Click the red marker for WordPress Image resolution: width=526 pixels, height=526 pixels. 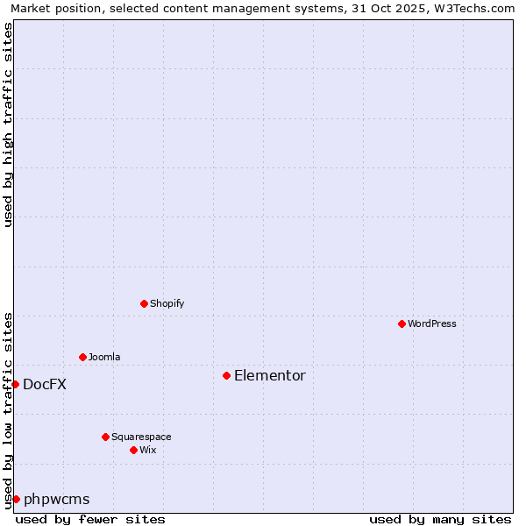(x=402, y=323)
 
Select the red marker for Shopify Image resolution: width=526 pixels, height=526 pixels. (x=144, y=303)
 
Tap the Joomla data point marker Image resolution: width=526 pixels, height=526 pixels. (x=82, y=357)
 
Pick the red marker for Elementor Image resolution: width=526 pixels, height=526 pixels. (x=226, y=375)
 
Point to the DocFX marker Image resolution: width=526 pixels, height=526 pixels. (x=15, y=384)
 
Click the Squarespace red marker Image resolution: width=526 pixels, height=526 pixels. (x=105, y=437)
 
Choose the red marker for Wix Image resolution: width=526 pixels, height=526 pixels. (x=133, y=450)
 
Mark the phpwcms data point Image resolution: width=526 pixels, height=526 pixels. (x=16, y=499)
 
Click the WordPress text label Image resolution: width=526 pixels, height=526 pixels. (x=432, y=323)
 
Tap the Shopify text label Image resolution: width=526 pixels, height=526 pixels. (x=167, y=303)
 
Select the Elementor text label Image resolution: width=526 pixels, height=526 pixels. (x=270, y=375)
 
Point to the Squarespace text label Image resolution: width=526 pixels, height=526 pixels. (x=141, y=437)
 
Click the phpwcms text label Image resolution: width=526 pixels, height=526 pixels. (x=57, y=499)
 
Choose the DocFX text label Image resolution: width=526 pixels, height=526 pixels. (x=45, y=384)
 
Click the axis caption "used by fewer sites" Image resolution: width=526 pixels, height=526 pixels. (x=90, y=519)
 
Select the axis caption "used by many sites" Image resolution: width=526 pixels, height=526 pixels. (x=440, y=519)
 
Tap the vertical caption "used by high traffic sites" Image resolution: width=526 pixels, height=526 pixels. (x=8, y=124)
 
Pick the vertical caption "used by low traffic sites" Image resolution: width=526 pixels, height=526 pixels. (x=8, y=409)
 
